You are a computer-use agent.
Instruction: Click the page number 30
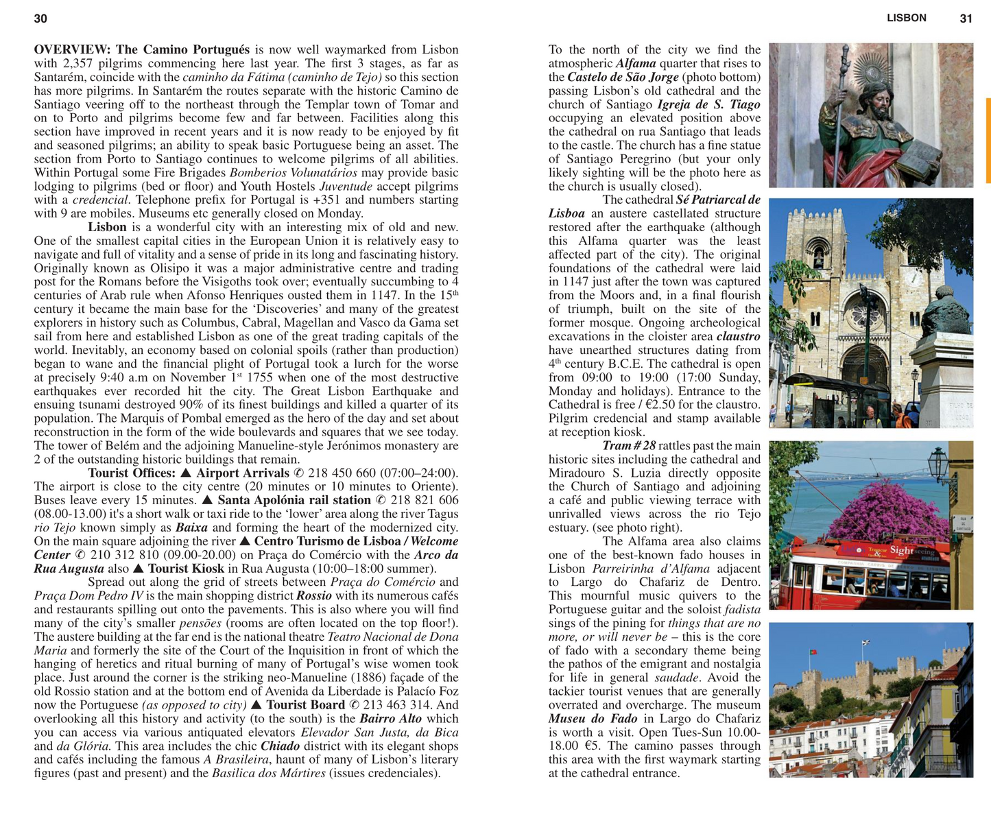(40, 19)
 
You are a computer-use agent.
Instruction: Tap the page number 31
(966, 19)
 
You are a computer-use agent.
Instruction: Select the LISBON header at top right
(906, 18)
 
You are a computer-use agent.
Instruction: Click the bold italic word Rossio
(313, 596)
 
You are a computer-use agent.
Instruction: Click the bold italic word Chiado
(280, 746)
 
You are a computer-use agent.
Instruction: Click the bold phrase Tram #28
(628, 446)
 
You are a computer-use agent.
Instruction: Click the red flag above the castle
(814, 651)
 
